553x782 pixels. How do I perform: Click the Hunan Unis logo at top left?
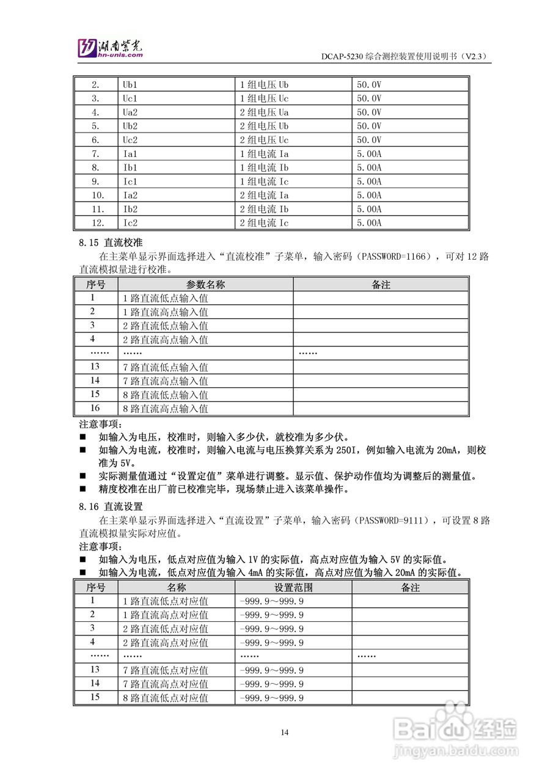click(111, 48)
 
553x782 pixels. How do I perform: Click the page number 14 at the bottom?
click(285, 733)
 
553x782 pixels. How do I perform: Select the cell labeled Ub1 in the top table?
click(130, 84)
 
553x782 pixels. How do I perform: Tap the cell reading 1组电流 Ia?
click(263, 154)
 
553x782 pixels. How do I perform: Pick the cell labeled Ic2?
click(130, 223)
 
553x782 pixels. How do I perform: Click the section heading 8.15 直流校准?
click(111, 243)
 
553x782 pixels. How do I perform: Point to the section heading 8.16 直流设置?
click(111, 506)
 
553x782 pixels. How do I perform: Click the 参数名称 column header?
click(205, 285)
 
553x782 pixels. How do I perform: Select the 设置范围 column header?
click(293, 587)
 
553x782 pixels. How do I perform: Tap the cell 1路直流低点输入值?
click(166, 298)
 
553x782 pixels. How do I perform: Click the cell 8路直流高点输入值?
click(166, 409)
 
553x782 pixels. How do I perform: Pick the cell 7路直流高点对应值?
click(166, 684)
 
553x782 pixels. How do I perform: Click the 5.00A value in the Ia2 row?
click(369, 195)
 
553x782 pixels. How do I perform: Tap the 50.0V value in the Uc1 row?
click(369, 98)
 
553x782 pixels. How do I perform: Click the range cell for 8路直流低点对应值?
click(273, 698)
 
